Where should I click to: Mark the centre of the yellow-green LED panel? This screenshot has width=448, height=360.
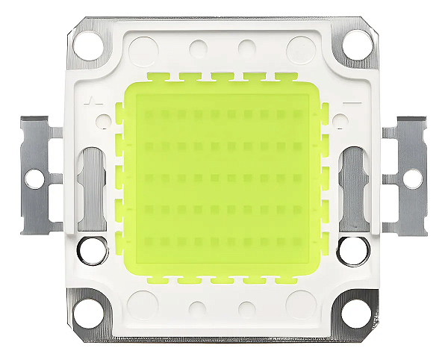[x=223, y=180]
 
